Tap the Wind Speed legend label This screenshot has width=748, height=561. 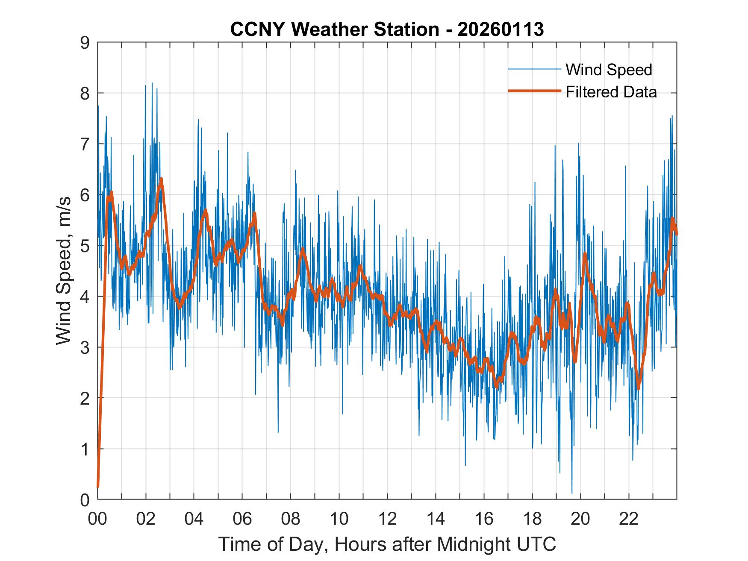[609, 70]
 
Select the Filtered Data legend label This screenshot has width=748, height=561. [611, 92]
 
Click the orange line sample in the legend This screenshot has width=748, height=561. [534, 91]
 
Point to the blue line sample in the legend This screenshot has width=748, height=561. [534, 69]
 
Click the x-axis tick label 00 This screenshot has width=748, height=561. [97, 519]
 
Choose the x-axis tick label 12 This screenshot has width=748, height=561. [387, 519]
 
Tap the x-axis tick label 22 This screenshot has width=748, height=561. [629, 519]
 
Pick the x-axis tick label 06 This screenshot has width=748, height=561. [242, 519]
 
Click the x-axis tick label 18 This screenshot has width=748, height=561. [532, 519]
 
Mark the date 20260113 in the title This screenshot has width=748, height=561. [501, 29]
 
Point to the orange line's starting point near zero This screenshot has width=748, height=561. [98, 486]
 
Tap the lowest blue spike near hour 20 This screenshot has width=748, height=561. [572, 493]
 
